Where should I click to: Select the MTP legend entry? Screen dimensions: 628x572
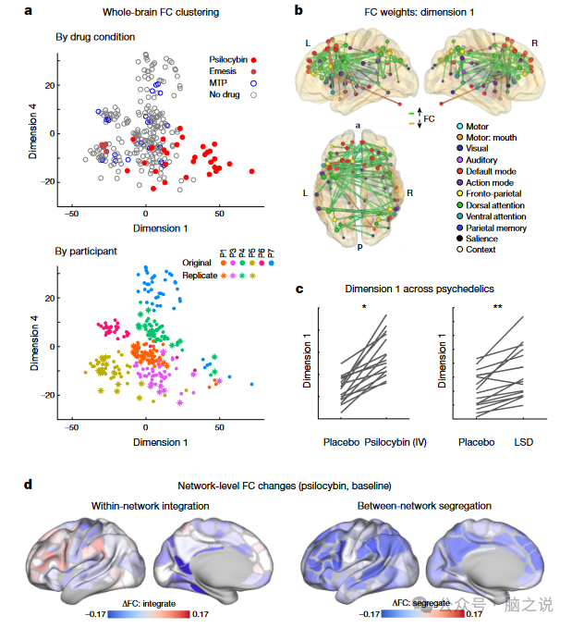tap(220, 83)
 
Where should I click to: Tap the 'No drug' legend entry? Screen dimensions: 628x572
tap(225, 95)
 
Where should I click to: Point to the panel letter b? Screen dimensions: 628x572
tap(298, 10)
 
